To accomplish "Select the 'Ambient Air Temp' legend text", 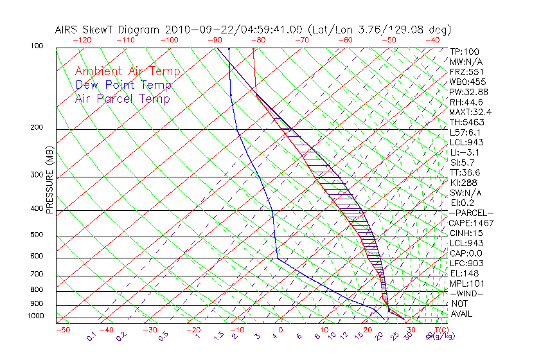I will (x=127, y=71).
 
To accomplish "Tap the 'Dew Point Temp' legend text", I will (x=123, y=85).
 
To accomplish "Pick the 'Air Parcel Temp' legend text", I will (x=122, y=98).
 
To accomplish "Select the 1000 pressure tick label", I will (x=36, y=316).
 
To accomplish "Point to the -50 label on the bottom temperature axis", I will (x=63, y=330).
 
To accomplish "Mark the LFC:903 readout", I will (x=466, y=264).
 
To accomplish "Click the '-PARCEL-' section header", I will (x=471, y=213).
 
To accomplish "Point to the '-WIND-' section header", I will (x=467, y=294).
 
